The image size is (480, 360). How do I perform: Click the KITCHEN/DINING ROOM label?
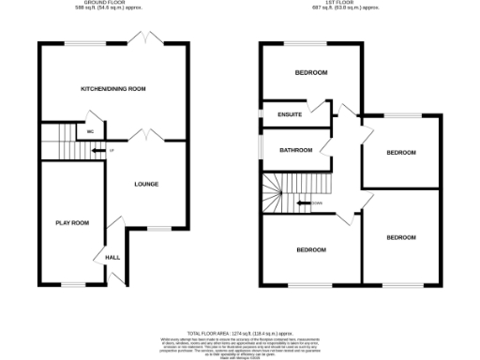[x=113, y=88]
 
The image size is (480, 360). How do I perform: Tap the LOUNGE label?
[x=148, y=184]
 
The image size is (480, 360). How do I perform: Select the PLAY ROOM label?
[x=72, y=222]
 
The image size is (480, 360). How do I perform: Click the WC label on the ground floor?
[x=90, y=132]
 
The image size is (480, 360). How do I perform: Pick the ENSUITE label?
[x=290, y=115]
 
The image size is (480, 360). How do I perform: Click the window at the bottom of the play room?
[x=72, y=283]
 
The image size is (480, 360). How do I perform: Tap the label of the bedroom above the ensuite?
[x=310, y=72]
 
